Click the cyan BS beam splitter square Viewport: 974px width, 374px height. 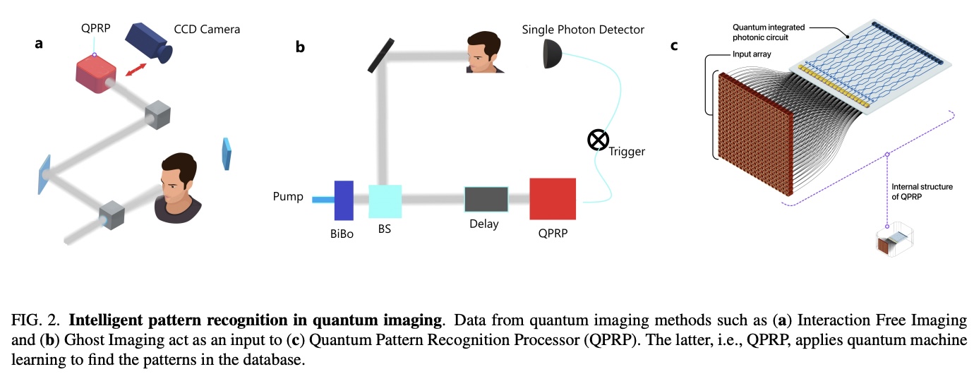385,200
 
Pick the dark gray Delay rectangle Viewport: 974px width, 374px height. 486,200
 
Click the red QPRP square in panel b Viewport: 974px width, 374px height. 553,200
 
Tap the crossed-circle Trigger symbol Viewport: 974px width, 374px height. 599,140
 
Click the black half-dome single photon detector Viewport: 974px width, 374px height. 553,54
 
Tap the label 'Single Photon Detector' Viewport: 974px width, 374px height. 583,29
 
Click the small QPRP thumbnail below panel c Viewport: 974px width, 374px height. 893,241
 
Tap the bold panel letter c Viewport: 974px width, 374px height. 674,46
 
